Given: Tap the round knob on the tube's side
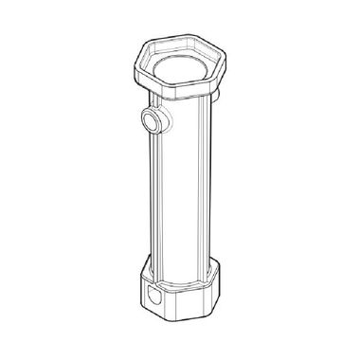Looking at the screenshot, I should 150,120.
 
